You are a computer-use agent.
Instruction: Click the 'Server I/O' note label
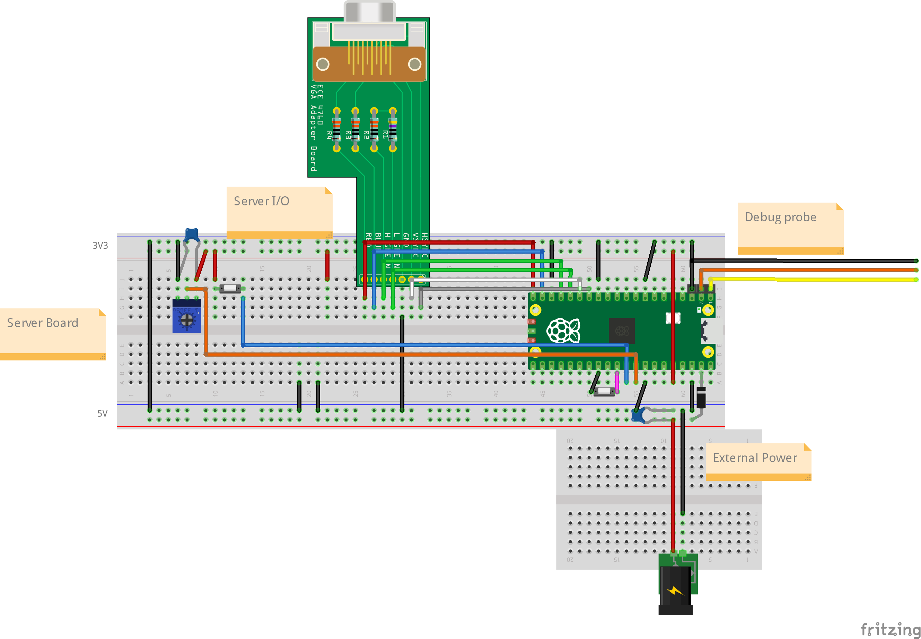tap(261, 201)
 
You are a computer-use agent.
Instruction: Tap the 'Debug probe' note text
tap(780, 217)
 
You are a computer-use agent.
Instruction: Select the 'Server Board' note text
tap(42, 323)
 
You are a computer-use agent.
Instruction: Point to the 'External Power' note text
tap(755, 458)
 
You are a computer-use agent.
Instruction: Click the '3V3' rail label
tap(100, 245)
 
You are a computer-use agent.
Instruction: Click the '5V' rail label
tap(102, 413)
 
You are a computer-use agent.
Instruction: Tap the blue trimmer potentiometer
tap(187, 318)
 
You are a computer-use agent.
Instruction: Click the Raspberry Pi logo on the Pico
tap(563, 330)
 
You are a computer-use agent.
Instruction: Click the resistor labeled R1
tap(393, 129)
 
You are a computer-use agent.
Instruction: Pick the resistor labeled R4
tap(337, 129)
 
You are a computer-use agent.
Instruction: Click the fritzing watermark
tap(890, 629)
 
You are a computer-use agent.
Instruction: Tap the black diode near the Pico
tap(701, 397)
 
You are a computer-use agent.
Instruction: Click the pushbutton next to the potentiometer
tap(230, 288)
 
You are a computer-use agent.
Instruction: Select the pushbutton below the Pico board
tap(604, 391)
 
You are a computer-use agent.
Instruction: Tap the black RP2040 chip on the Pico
tap(622, 331)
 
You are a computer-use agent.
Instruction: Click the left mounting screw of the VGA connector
tap(323, 64)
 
